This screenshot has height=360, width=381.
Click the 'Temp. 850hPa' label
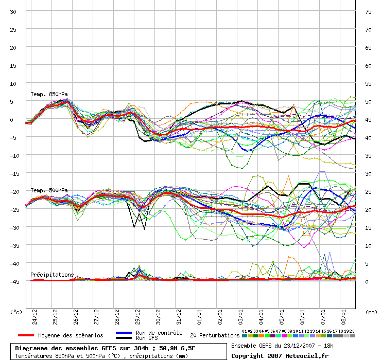coord(49,94)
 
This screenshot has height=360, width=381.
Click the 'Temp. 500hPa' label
coord(49,190)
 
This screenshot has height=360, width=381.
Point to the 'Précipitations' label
coord(51,275)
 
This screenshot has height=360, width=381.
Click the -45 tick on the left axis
coord(14,281)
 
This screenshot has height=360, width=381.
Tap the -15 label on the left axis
coord(14,173)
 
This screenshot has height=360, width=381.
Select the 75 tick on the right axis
coord(368,11)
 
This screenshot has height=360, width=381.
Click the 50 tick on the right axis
coord(368,101)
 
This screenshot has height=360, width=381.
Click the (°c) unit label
coord(16,312)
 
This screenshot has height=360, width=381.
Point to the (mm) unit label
coord(371,312)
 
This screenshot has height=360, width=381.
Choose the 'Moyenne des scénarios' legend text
coord(71,335)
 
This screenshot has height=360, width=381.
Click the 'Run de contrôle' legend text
coord(159,333)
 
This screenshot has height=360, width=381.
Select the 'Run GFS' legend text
coord(148,338)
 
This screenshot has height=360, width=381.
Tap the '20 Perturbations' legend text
coord(215,335)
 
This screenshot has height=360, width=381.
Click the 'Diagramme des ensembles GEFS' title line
coord(105,348)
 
